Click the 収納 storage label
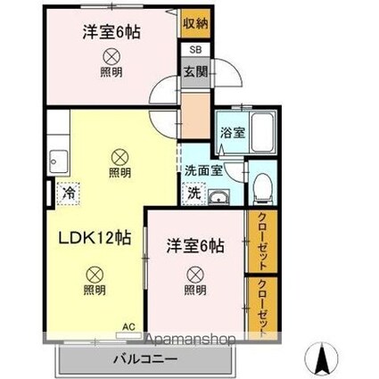click(195, 23)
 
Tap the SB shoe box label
click(195, 50)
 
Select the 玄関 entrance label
click(195, 71)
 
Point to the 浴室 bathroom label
click(233, 133)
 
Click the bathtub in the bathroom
click(262, 133)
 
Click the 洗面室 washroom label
click(203, 170)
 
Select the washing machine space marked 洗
click(194, 194)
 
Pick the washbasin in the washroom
click(218, 197)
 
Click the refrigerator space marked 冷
click(69, 194)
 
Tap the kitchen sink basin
click(59, 161)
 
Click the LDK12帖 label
click(95, 238)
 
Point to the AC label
click(129, 326)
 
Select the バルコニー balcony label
click(145, 359)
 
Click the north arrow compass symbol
click(322, 358)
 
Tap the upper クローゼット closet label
click(262, 242)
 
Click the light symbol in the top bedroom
click(111, 57)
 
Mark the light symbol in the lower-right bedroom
click(195, 275)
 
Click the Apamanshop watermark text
click(189, 339)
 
